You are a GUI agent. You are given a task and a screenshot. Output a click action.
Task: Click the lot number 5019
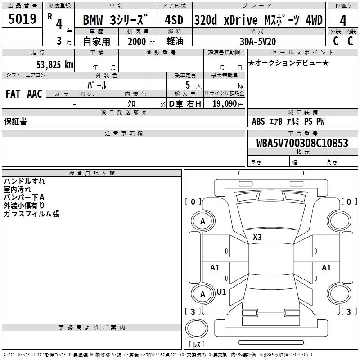coord(22,19)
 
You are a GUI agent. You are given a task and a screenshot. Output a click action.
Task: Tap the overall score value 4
coord(343,21)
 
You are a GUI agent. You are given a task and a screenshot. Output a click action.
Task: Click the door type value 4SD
coord(175,21)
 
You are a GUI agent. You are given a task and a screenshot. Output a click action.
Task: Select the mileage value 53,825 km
coord(54,64)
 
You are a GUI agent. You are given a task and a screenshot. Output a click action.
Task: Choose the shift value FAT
coord(13,94)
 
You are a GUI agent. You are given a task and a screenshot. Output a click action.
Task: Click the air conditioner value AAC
coord(34,94)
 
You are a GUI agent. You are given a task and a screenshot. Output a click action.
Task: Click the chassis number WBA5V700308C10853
coord(302,144)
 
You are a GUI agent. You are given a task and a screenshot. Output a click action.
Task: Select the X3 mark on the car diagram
coord(257,237)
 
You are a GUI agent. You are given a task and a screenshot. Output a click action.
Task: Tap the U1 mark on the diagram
coord(221,292)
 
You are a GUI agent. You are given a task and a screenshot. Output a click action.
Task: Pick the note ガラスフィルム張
coord(31,214)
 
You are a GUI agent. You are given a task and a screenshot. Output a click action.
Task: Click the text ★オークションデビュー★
coord(288,63)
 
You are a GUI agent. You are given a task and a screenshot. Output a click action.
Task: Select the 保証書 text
coord(15,121)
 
